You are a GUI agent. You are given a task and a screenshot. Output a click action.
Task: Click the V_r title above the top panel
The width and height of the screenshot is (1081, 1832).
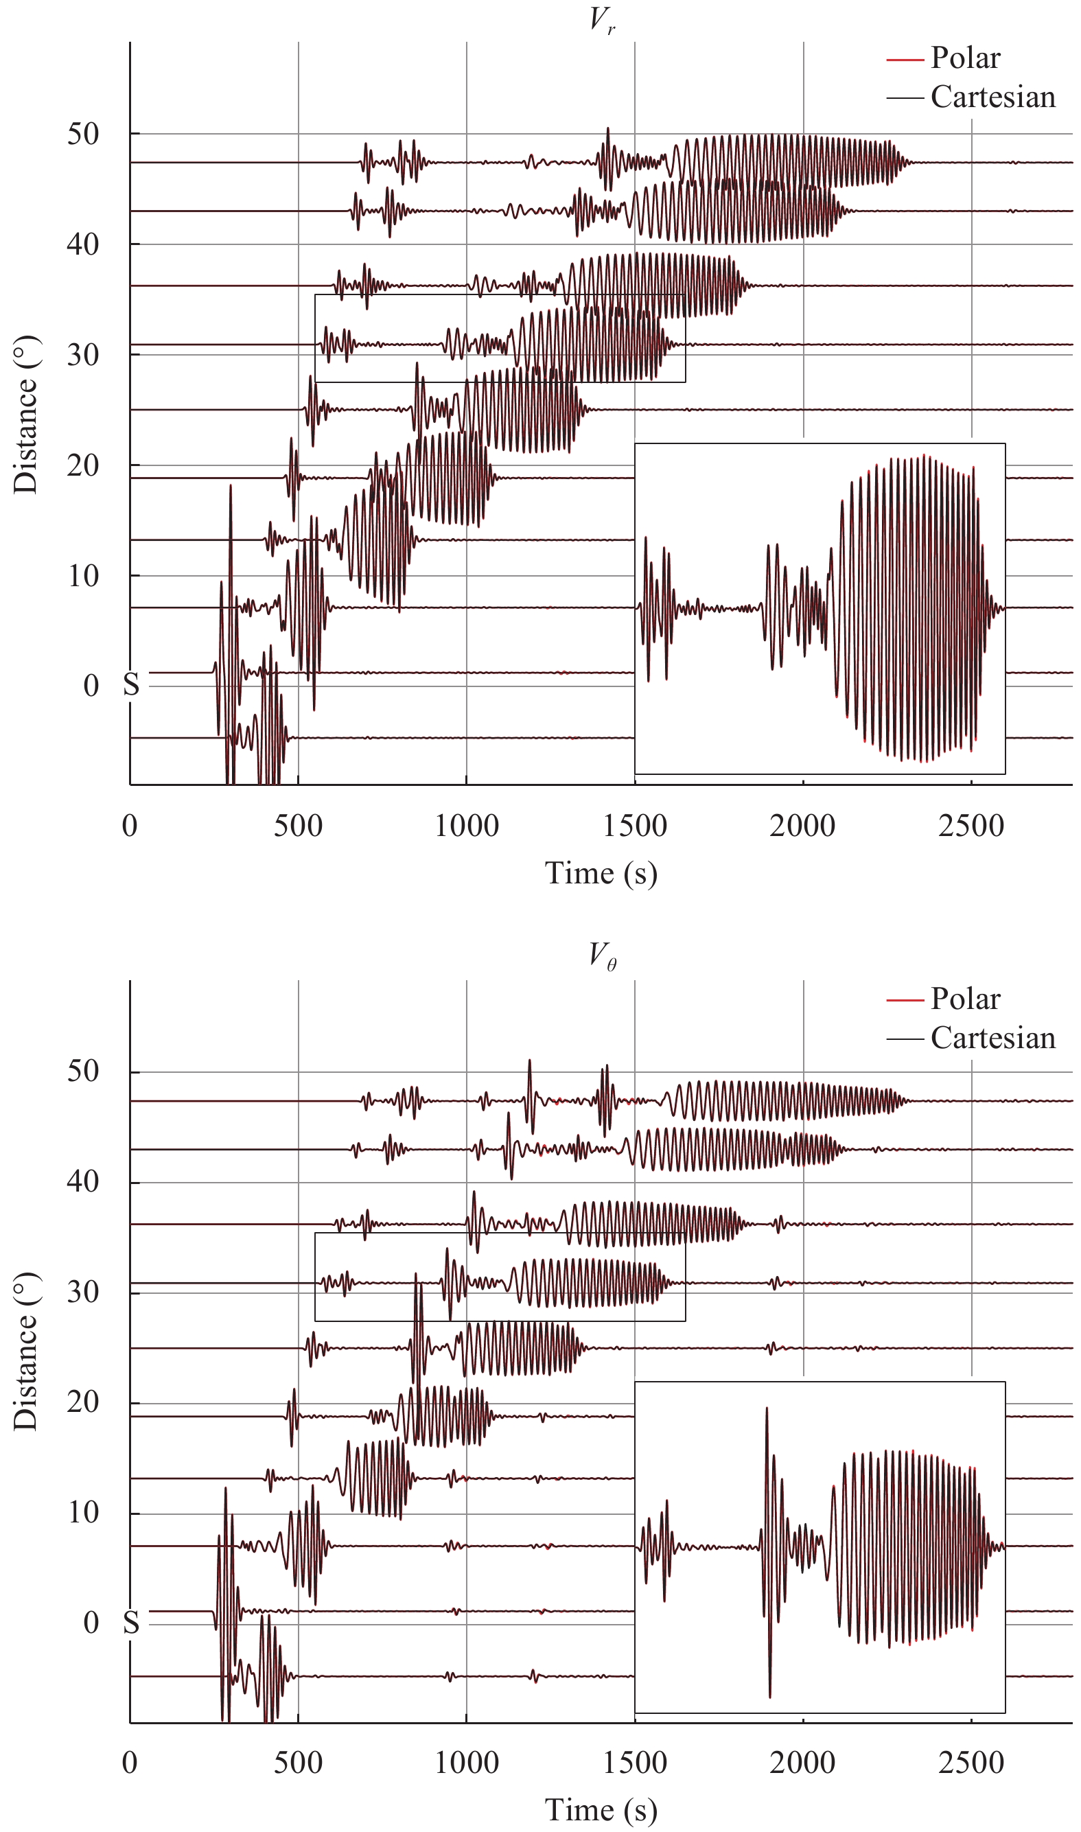[x=602, y=20]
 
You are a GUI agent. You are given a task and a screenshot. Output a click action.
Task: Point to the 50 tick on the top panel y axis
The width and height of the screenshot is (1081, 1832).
[x=83, y=134]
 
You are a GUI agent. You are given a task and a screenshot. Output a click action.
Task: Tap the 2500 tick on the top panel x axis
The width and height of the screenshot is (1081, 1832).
[x=971, y=826]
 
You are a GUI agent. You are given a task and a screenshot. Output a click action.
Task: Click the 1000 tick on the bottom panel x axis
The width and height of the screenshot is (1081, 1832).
[x=466, y=1763]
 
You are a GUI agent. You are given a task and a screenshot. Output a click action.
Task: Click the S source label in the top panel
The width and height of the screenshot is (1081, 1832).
[x=131, y=685]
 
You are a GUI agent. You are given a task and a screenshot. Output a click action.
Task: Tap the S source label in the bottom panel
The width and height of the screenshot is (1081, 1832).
[x=131, y=1623]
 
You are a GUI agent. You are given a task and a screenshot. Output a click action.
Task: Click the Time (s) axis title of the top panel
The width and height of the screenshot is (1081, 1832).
[x=601, y=872]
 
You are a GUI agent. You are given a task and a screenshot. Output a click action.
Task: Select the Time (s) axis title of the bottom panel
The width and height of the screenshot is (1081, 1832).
[x=601, y=1811]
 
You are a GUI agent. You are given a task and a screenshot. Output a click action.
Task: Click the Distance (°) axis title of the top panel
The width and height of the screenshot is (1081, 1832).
[x=26, y=415]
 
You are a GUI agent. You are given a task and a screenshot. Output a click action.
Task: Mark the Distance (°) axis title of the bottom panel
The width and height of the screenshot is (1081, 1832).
[x=26, y=1352]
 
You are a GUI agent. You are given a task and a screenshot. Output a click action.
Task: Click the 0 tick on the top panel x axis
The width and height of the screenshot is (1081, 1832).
[x=130, y=826]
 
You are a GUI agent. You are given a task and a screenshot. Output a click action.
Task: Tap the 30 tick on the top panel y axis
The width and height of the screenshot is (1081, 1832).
[x=83, y=355]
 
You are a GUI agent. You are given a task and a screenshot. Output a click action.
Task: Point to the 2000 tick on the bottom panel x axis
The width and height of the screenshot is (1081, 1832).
[x=803, y=1763]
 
